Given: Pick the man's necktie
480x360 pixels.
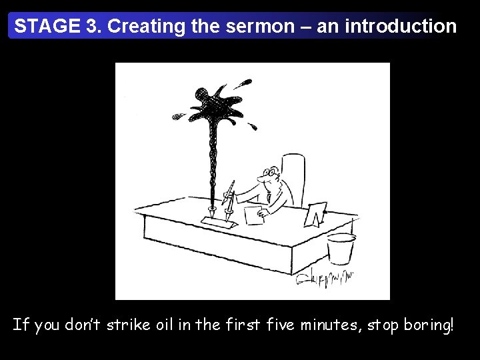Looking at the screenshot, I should click(269, 197).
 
